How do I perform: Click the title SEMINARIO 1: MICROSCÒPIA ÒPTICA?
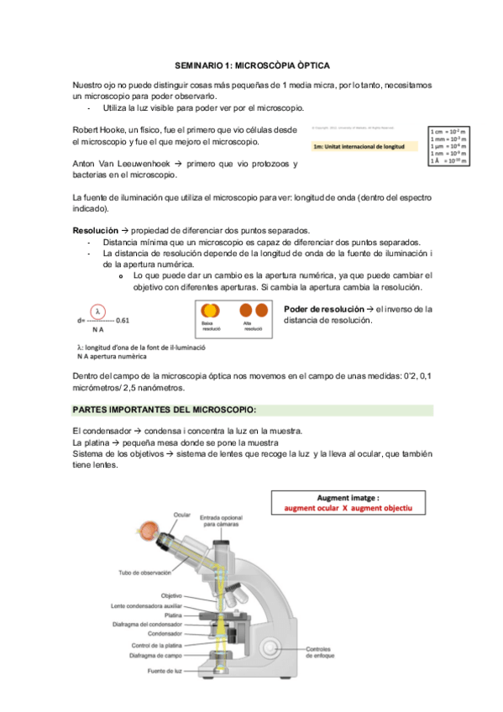[x=251, y=65]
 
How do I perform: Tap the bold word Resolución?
[x=95, y=231]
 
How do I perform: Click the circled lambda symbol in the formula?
[x=98, y=308]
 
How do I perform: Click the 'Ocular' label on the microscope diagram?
[x=182, y=515]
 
